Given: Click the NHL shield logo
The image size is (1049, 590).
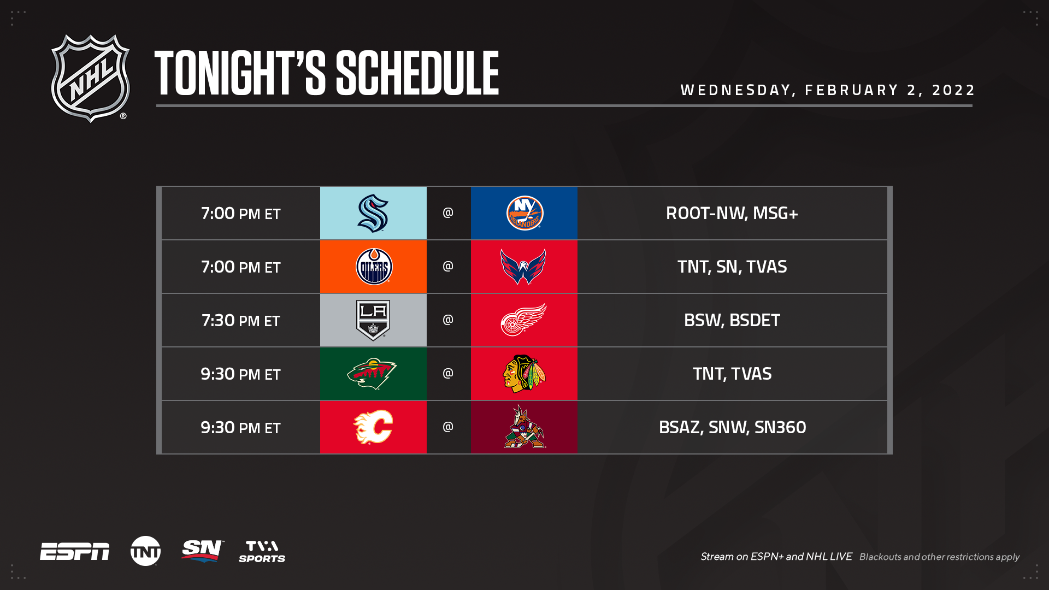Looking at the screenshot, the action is pyautogui.click(x=90, y=78).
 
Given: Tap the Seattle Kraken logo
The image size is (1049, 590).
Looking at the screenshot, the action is pyautogui.click(x=373, y=213).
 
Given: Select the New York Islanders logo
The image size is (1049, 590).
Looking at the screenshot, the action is pyautogui.click(x=524, y=213).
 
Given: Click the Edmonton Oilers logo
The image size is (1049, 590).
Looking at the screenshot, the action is pyautogui.click(x=374, y=267).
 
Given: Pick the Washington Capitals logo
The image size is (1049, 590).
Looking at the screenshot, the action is pyautogui.click(x=523, y=267).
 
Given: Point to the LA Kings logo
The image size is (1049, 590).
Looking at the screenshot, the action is pyautogui.click(x=373, y=320).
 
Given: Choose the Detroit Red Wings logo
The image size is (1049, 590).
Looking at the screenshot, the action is pyautogui.click(x=523, y=320).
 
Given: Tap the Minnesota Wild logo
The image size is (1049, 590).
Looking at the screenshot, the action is pyautogui.click(x=372, y=374).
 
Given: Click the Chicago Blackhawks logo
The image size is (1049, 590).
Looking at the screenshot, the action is pyautogui.click(x=524, y=374).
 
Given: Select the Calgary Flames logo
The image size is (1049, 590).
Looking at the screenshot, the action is pyautogui.click(x=373, y=427).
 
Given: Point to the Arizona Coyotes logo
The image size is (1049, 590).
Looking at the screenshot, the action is pyautogui.click(x=524, y=427).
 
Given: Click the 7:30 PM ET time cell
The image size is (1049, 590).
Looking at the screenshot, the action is pyautogui.click(x=240, y=320).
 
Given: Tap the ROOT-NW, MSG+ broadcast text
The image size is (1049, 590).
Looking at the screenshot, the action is pyautogui.click(x=732, y=213).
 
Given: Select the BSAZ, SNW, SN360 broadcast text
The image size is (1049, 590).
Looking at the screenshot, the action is pyautogui.click(x=732, y=427).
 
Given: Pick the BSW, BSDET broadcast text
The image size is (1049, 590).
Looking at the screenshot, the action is pyautogui.click(x=732, y=320).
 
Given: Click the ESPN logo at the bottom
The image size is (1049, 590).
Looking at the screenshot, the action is pyautogui.click(x=75, y=552).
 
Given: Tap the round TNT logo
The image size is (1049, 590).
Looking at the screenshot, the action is pyautogui.click(x=145, y=551).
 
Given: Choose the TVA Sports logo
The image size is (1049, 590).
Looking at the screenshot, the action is pyautogui.click(x=262, y=552).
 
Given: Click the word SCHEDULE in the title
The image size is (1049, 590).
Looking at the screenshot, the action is pyautogui.click(x=417, y=73).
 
